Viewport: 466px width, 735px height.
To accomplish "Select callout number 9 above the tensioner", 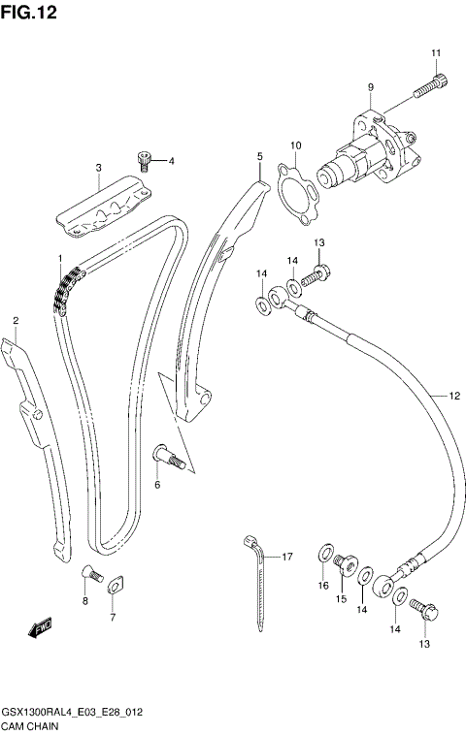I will click(370, 88).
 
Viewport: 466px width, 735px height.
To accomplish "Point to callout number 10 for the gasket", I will click(296, 145).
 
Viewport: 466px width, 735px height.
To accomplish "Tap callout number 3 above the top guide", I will click(98, 169).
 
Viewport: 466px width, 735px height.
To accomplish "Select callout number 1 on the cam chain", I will click(59, 259).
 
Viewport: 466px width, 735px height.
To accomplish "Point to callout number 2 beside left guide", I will click(15, 320).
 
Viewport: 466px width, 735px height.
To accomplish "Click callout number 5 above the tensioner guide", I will click(259, 156).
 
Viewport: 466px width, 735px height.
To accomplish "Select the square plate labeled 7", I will click(113, 585).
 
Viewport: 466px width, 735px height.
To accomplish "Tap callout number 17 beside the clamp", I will click(286, 557).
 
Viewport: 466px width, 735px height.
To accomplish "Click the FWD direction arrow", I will click(40, 630).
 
